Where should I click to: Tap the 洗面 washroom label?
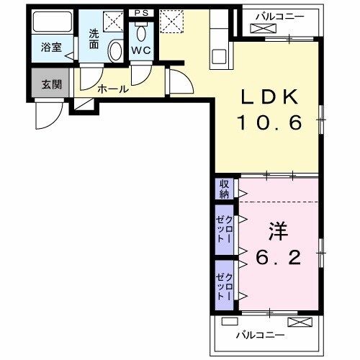pos(94,37)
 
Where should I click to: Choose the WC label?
pos(140,50)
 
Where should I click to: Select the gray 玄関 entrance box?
pos(51,85)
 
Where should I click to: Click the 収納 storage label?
pos(224,189)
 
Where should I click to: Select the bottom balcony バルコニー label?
pos(262,335)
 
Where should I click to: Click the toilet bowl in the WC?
pos(140,32)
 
